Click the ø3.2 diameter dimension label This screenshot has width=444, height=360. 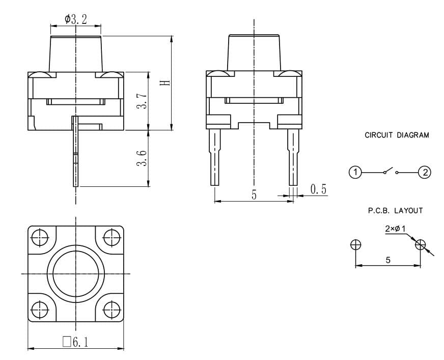75,19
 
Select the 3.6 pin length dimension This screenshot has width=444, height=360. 142,158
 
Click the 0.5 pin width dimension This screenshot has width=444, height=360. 318,189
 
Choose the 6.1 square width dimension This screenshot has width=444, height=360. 75,342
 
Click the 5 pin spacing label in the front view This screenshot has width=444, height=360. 254,195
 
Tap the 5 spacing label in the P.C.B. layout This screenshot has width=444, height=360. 388,260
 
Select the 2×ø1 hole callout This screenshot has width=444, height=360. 395,229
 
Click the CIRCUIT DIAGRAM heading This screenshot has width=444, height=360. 397,135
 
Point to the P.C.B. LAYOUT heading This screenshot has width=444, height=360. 395,210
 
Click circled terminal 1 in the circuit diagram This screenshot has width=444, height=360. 355,172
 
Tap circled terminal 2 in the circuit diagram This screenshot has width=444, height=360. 425,172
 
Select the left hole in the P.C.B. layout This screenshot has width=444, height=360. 355,245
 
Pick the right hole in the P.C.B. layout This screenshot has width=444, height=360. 421,245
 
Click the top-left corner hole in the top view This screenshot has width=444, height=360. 40,238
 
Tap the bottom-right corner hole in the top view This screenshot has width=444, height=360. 112,310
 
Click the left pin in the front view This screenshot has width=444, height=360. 215,157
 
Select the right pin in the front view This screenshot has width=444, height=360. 293,157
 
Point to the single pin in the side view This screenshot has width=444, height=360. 75,152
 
